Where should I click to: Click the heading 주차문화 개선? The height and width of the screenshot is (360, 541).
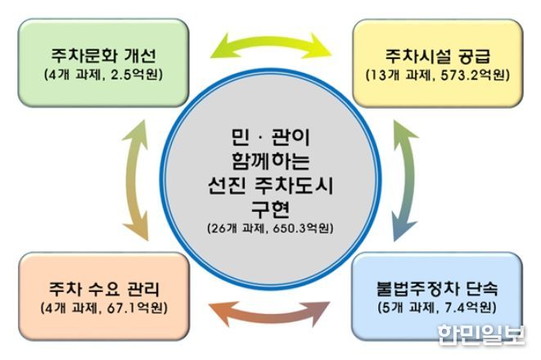click(x=104, y=56)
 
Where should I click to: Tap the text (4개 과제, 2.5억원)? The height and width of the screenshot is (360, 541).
click(x=103, y=74)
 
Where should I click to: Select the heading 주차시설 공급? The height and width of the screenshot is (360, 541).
click(x=438, y=56)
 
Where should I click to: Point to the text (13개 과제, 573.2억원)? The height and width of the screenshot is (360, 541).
click(x=438, y=75)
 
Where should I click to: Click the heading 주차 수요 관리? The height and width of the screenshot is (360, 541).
click(x=104, y=289)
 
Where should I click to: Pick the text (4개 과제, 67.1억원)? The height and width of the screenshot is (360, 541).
click(x=104, y=308)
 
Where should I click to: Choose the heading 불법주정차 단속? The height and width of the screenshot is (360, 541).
click(x=437, y=288)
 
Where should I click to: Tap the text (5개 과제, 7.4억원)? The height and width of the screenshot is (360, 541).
click(x=437, y=308)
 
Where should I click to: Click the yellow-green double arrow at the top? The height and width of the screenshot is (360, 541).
click(x=271, y=42)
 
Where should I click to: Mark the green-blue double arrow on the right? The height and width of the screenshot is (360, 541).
click(x=408, y=180)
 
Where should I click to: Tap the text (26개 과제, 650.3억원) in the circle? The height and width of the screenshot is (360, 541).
click(x=270, y=228)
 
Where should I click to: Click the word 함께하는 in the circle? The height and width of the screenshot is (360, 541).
click(x=270, y=160)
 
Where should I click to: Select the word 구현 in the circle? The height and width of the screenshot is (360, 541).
click(x=270, y=209)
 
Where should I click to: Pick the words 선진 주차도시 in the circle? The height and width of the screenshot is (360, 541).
click(x=270, y=185)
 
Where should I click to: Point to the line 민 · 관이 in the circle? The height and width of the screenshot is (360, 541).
click(x=270, y=137)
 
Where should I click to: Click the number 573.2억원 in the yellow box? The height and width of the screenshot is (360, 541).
click(x=476, y=75)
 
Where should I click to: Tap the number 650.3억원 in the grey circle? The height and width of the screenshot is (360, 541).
click(x=304, y=228)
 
